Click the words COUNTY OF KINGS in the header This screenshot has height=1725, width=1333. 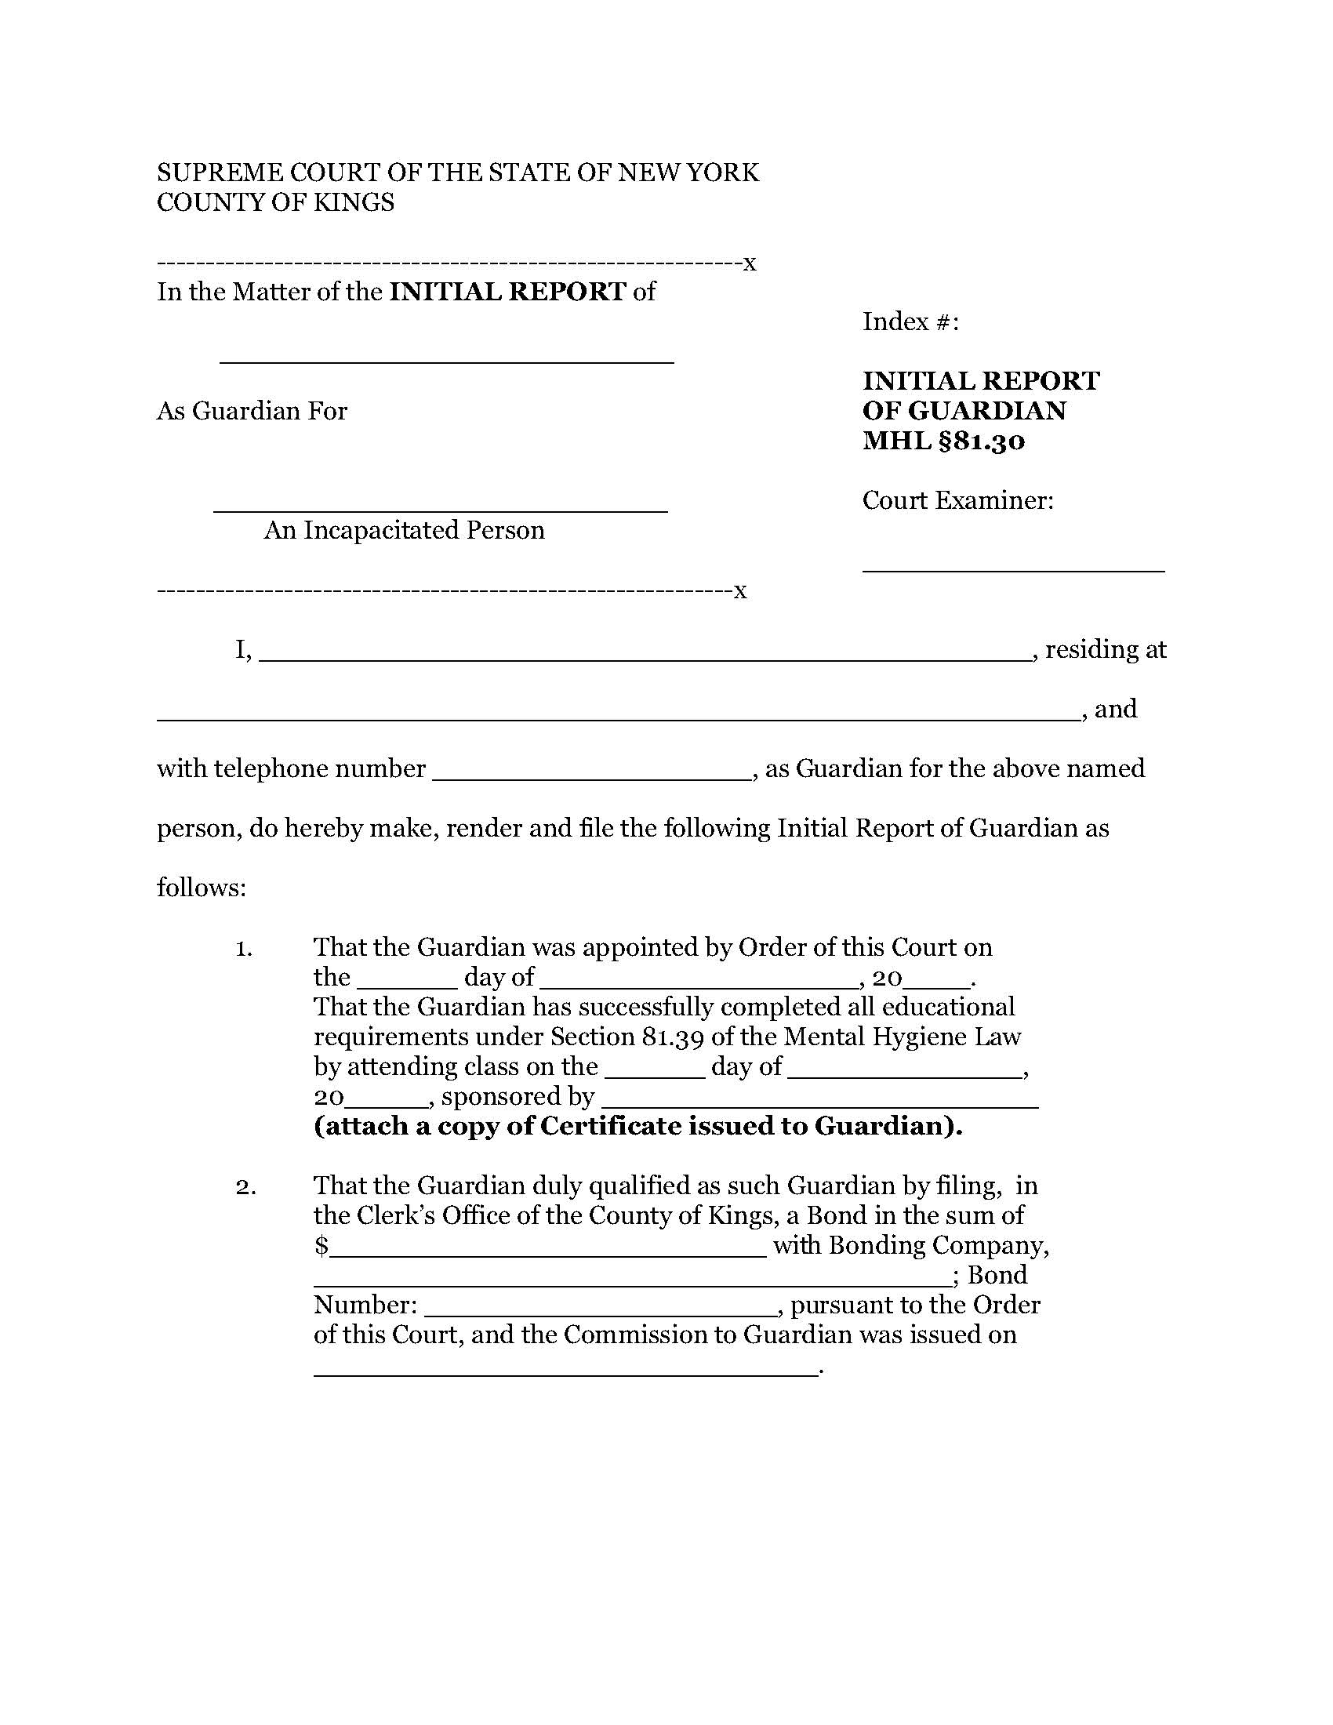[x=275, y=203]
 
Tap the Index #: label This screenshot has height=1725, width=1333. [x=910, y=322]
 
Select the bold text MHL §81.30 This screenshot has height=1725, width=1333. [x=943, y=441]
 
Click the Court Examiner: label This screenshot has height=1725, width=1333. [x=958, y=501]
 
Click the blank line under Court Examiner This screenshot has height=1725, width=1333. [x=1013, y=567]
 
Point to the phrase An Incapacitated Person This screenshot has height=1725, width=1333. [x=404, y=530]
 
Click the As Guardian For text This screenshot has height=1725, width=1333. [x=252, y=412]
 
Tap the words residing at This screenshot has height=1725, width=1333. [x=1105, y=649]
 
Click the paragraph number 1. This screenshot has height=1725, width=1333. [x=244, y=948]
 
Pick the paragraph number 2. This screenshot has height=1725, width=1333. [x=245, y=1186]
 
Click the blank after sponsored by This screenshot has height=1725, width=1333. [x=819, y=1105]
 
